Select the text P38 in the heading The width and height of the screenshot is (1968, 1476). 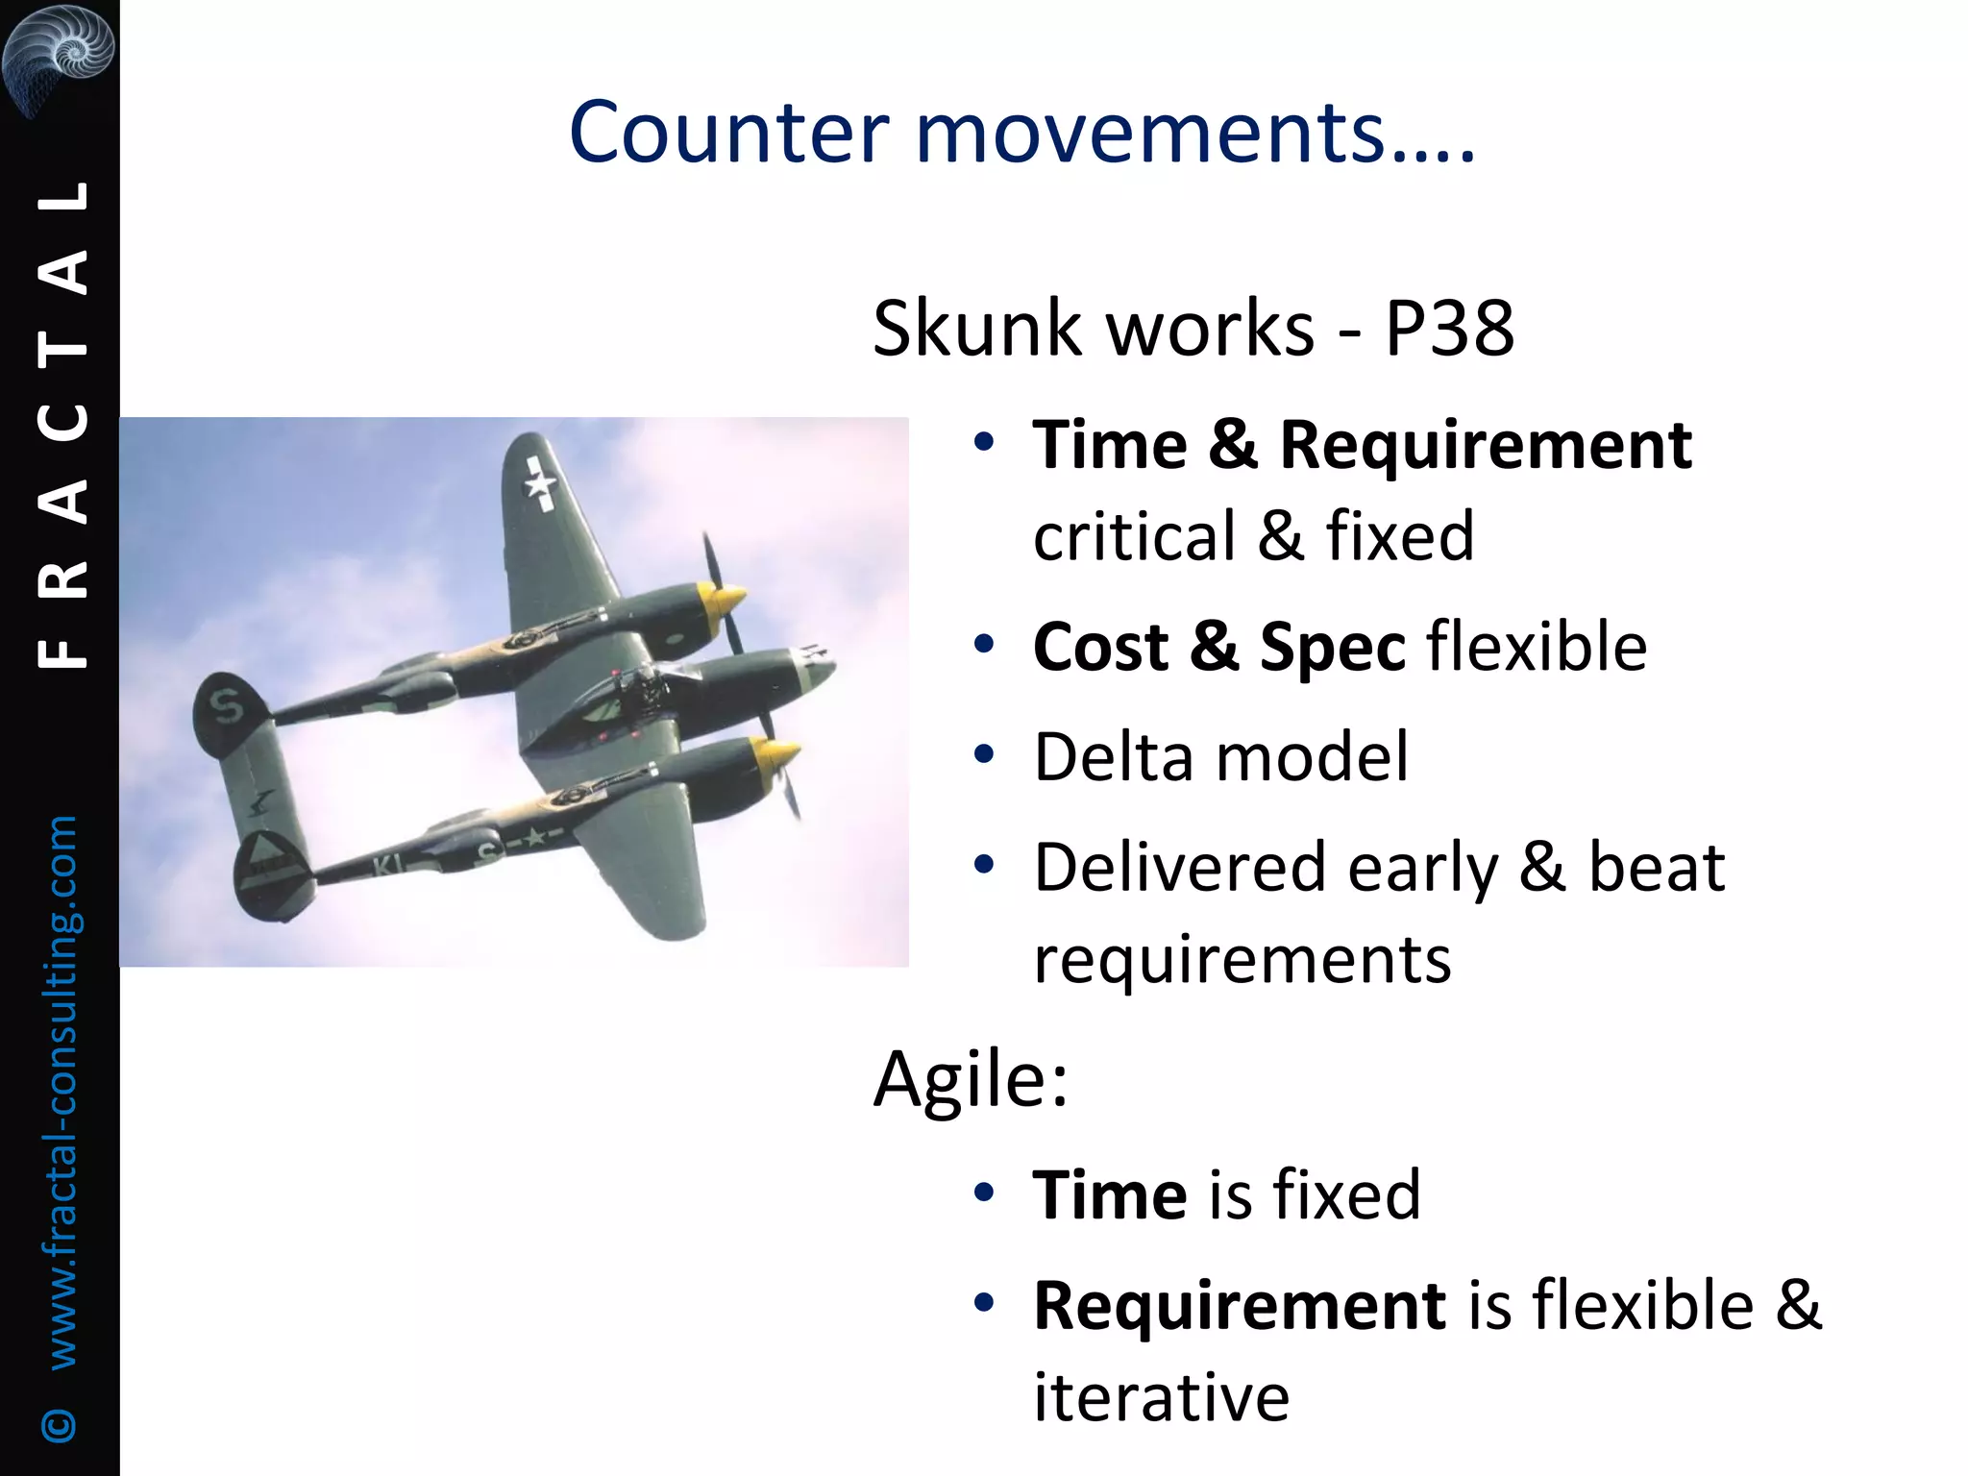click(x=1448, y=329)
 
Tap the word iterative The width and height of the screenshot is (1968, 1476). click(x=1161, y=1397)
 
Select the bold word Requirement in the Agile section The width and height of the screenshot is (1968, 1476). click(x=1240, y=1306)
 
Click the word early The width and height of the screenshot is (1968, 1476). click(x=1422, y=868)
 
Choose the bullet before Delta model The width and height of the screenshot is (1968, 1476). click(x=982, y=755)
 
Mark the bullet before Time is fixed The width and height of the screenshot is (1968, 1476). click(x=982, y=1193)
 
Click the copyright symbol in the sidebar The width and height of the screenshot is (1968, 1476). click(x=60, y=1424)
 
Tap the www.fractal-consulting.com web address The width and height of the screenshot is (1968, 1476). click(x=61, y=1092)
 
